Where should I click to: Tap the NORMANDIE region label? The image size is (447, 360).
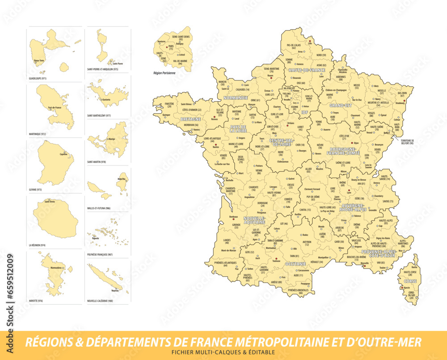236,97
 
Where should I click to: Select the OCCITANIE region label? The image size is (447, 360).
295,264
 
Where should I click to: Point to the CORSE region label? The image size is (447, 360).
410,282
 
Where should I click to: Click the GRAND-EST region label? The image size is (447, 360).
341,106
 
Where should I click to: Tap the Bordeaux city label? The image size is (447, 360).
233,217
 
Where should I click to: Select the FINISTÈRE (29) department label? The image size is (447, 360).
169,105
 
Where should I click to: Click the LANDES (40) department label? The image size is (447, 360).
227,241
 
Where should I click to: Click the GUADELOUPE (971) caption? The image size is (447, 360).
38,78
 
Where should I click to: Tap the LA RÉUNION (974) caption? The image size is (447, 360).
37,245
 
